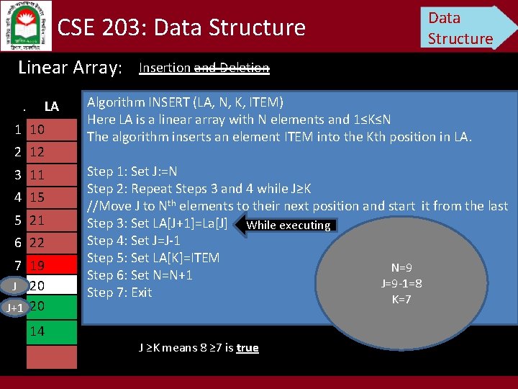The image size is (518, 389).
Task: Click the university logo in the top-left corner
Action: [26, 25]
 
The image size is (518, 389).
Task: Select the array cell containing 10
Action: [50, 130]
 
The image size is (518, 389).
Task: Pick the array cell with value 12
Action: [50, 152]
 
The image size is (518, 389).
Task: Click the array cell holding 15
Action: [50, 197]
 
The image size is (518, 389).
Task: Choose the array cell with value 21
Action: [50, 220]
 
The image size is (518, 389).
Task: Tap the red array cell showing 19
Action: [50, 265]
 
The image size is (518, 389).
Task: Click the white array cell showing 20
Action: [50, 286]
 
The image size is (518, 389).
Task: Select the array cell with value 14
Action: [50, 331]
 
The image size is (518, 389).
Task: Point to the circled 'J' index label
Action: [14, 286]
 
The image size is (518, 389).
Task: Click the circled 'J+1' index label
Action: [14, 308]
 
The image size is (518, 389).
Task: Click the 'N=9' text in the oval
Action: [401, 267]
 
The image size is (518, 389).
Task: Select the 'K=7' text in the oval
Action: [401, 299]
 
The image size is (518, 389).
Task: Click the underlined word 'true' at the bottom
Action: [247, 348]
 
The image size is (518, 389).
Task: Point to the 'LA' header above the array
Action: [51, 107]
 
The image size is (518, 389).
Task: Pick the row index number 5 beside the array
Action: [17, 220]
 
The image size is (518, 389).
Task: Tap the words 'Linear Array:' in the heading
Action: [70, 68]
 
